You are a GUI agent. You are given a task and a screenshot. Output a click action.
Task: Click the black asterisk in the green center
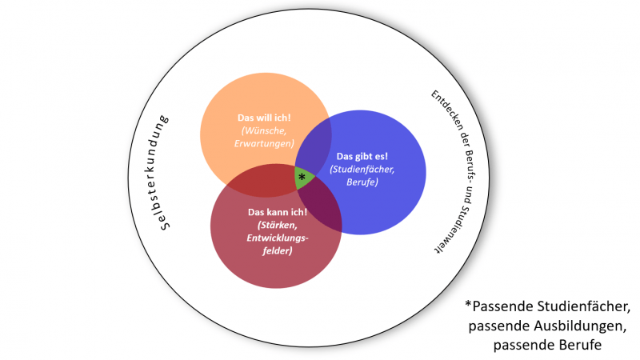(302, 177)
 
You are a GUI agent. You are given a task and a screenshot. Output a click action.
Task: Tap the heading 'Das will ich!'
(264, 118)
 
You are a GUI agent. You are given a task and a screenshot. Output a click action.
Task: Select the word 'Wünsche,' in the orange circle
(266, 130)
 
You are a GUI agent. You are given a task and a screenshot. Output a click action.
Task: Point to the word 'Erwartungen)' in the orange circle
(264, 144)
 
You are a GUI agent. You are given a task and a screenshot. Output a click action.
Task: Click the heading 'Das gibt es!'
(362, 156)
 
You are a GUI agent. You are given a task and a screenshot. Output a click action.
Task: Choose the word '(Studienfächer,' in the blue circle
(362, 169)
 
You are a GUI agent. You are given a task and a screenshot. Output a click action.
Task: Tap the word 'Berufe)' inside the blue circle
(362, 182)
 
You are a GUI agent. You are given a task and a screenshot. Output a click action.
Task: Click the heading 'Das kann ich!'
(278, 212)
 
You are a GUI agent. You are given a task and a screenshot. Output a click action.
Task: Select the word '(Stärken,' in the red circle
(278, 225)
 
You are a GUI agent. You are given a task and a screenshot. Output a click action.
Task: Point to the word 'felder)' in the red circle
(278, 250)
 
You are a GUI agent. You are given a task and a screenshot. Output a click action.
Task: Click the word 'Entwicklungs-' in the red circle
(278, 238)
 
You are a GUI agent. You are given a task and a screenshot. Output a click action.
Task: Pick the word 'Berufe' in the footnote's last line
(579, 345)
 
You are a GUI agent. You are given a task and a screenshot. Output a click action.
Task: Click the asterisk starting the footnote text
(468, 304)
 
